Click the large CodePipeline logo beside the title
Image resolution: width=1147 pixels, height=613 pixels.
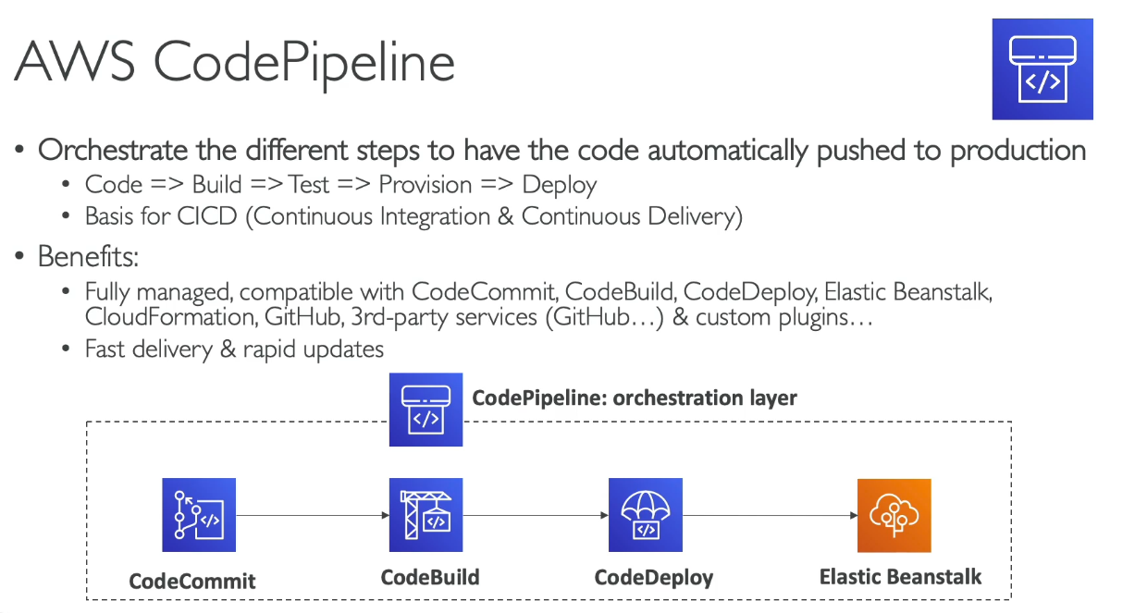click(1042, 69)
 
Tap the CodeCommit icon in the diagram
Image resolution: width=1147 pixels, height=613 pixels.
click(199, 515)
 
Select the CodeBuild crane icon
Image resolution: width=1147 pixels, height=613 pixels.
click(425, 515)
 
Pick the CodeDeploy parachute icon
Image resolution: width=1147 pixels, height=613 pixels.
click(646, 515)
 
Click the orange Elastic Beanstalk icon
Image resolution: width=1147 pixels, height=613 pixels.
click(894, 515)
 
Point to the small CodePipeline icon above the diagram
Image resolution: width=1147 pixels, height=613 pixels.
click(425, 410)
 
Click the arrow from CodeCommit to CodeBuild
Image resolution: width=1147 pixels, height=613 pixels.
click(313, 515)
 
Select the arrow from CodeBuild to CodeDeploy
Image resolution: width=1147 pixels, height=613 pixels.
click(536, 515)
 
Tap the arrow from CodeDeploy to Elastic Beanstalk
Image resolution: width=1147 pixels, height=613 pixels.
click(771, 515)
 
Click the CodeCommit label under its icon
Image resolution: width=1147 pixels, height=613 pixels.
click(192, 582)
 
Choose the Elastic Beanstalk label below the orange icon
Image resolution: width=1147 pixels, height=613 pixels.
click(900, 577)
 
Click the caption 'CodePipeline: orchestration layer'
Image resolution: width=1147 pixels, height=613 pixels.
click(635, 398)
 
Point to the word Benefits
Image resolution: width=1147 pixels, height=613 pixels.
click(88, 256)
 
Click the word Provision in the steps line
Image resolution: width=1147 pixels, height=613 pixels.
click(425, 185)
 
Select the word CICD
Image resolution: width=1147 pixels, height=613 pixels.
click(207, 216)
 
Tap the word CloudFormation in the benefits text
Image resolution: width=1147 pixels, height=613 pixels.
click(170, 317)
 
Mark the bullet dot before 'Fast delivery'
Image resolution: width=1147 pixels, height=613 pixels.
click(66, 349)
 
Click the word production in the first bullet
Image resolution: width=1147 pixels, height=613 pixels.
click(1017, 152)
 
